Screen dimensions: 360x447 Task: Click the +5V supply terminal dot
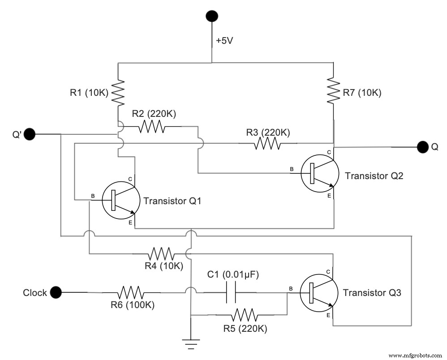(x=211, y=17)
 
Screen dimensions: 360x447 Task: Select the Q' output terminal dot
(x=30, y=133)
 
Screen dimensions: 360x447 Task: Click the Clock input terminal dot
(x=55, y=292)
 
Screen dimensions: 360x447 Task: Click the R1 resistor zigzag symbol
(x=118, y=93)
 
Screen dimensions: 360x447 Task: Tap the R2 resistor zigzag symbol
(x=152, y=127)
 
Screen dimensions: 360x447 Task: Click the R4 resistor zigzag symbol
(x=162, y=254)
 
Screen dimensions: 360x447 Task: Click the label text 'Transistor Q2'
(x=374, y=176)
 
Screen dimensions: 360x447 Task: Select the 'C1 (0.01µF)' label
(x=233, y=274)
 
